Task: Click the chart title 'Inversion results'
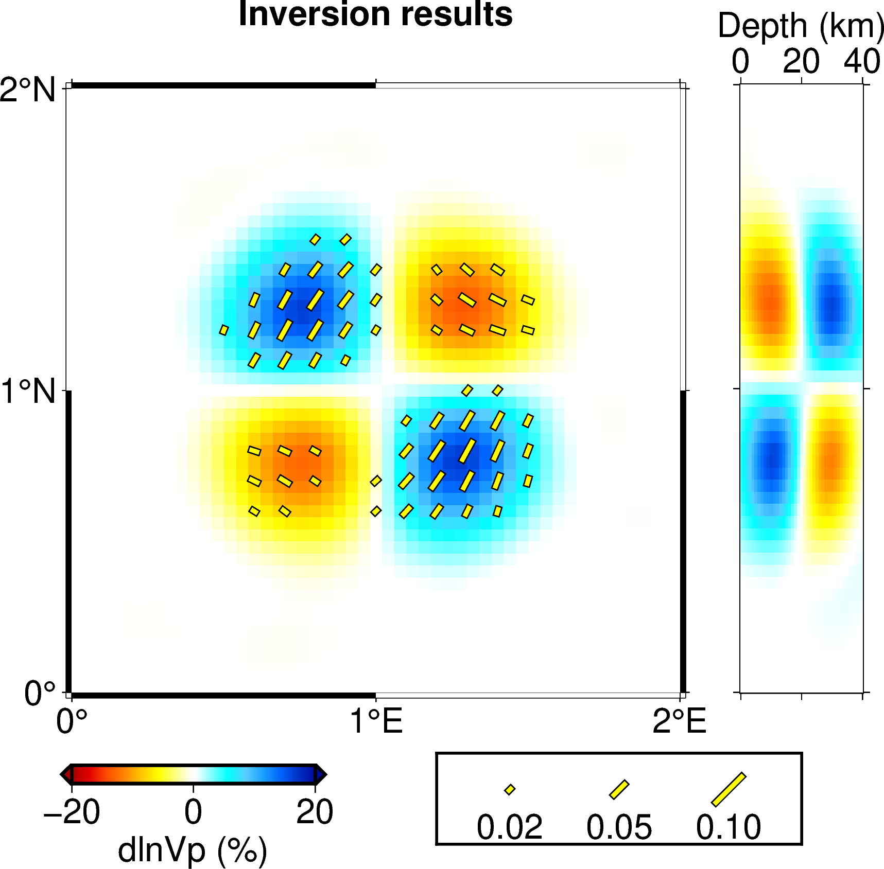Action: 375,14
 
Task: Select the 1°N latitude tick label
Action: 28,392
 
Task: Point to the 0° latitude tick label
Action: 40,693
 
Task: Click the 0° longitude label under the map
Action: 71,721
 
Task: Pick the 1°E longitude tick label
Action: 376,721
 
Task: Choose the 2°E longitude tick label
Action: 679,721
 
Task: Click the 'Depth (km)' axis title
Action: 801,26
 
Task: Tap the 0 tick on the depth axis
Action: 740,62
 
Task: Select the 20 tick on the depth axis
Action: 801,62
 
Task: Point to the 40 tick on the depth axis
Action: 862,62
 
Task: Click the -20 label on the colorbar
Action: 72,812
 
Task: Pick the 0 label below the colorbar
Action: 194,812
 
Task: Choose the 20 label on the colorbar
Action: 315,812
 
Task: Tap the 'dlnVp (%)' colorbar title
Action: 193,850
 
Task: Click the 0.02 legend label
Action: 509,827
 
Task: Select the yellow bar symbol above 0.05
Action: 619,790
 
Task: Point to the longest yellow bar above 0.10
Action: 729,789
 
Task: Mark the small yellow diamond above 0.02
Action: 510,790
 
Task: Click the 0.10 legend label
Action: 729,827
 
